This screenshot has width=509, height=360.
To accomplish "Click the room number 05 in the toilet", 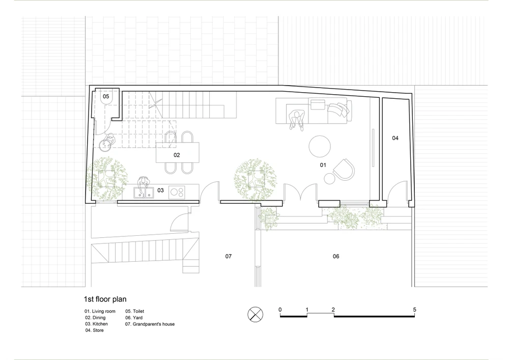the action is coord(106,96).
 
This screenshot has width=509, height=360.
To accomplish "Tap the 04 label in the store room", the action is coord(395,138).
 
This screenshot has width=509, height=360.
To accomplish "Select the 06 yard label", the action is coord(336,257).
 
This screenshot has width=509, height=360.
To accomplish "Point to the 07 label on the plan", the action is coord(229,257).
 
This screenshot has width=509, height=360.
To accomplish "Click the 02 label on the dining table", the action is coord(177,155).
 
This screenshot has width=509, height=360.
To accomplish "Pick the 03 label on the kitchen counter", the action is coord(161,190).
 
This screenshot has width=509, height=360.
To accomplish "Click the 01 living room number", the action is coord(323,165).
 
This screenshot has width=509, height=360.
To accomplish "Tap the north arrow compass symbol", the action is coord(256,314).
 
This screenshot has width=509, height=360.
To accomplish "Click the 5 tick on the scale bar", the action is coord(414,310).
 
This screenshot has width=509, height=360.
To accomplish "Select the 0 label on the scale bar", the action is coord(280,310).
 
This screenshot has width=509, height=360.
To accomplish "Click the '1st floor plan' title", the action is coord(105,299).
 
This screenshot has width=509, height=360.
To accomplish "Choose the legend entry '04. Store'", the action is coord(95,330).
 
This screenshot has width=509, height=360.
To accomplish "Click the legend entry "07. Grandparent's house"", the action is coord(150,324).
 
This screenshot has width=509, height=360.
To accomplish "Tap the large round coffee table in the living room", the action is coord(320,147).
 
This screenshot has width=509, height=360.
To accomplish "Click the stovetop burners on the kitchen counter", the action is coord(177,192).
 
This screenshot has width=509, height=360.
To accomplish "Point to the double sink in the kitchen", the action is coord(144,193).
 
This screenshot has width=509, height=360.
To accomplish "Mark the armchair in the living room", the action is coord(344,170).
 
